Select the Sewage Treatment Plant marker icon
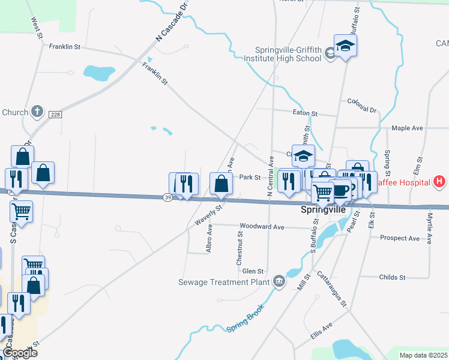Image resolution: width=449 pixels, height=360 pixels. coord(279,281)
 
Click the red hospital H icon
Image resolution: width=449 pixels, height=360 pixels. coord(439,181)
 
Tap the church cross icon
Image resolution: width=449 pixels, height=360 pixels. coord(37,112)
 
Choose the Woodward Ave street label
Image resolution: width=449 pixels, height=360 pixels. coord(262,227)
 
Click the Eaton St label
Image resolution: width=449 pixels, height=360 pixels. coord(306,113)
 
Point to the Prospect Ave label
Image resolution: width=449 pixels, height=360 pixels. coord(400,238)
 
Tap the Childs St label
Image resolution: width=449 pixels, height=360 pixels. coord(393,277)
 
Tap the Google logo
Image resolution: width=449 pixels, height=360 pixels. coord(19,353)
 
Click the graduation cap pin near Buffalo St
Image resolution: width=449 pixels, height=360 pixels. coord(345,46)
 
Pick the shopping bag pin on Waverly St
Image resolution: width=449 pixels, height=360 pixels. coord(220,184)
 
